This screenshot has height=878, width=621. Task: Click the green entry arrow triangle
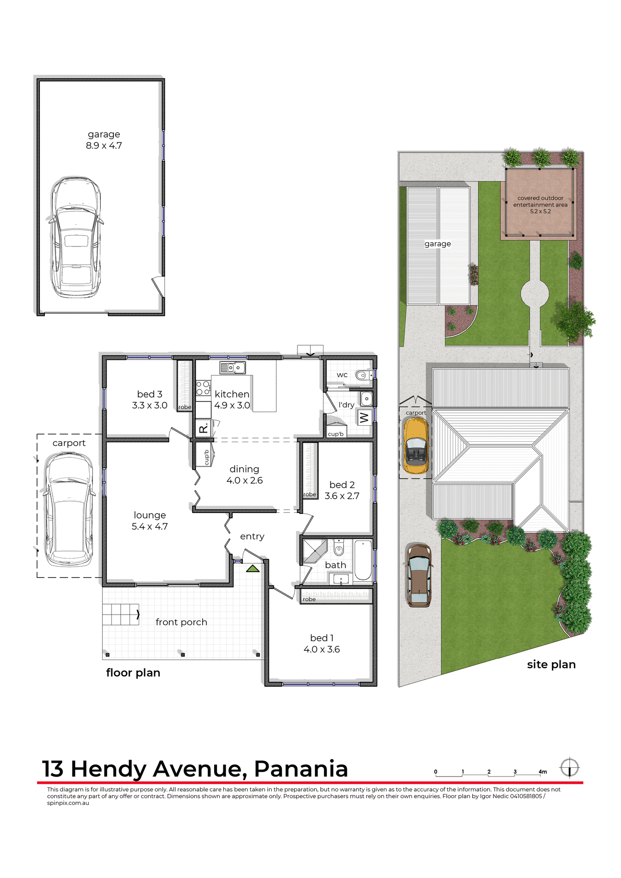click(253, 569)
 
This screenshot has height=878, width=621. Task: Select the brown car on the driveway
click(419, 575)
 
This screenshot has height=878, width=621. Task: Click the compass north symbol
click(570, 767)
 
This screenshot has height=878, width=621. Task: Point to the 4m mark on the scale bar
click(543, 772)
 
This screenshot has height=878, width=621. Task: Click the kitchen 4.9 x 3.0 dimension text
click(232, 406)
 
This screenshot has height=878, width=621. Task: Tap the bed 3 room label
click(150, 394)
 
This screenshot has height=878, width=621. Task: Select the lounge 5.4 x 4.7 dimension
click(150, 527)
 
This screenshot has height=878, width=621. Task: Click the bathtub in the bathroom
click(363, 560)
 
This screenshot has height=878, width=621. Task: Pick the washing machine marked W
click(364, 418)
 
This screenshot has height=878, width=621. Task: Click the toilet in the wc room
click(363, 375)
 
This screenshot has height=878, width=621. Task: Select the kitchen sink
click(232, 367)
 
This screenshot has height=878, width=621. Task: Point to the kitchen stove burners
click(203, 388)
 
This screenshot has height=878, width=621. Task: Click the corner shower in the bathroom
click(314, 550)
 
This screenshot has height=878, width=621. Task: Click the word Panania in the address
click(301, 769)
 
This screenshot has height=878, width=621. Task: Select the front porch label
click(181, 622)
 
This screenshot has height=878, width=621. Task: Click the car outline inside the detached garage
click(76, 237)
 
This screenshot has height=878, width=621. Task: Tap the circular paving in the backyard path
click(535, 293)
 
